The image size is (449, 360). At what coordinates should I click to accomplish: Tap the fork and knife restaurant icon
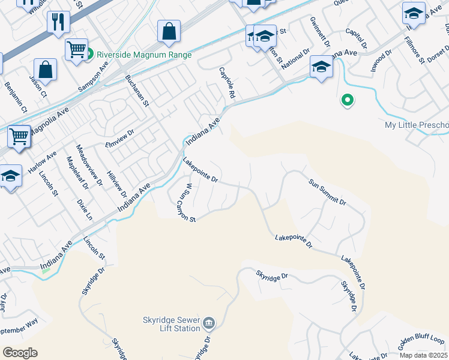(x=58, y=23)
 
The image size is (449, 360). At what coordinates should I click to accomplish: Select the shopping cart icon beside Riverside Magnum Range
(x=76, y=50)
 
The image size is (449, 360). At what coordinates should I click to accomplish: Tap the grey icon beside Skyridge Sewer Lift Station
(x=208, y=324)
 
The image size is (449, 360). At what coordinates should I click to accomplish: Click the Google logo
(x=20, y=353)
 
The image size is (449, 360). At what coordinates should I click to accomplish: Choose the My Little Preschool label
(x=417, y=125)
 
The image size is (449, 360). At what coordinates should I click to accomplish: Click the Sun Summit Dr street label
(x=328, y=191)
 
